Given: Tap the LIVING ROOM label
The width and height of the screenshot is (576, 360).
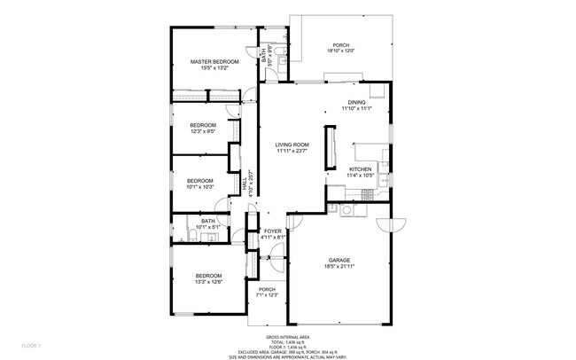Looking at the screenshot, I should (291, 145).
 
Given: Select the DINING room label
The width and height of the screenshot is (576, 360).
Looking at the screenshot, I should (356, 102).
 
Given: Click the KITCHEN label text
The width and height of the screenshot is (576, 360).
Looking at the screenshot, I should (359, 168).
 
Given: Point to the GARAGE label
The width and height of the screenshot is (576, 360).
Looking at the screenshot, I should (340, 260).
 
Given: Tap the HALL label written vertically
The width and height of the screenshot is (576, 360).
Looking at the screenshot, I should (245, 185).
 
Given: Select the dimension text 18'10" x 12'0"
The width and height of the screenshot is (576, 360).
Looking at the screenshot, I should (341, 51).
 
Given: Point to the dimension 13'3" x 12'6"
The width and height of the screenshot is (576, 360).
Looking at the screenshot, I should (208, 282).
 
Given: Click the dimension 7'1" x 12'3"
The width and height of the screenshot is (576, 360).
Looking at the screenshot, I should (268, 295).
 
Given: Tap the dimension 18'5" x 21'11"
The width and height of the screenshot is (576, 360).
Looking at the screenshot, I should (340, 266).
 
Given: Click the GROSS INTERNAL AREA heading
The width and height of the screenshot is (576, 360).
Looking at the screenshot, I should (287, 337).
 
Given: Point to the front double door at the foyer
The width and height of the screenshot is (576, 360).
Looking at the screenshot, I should (275, 262).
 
